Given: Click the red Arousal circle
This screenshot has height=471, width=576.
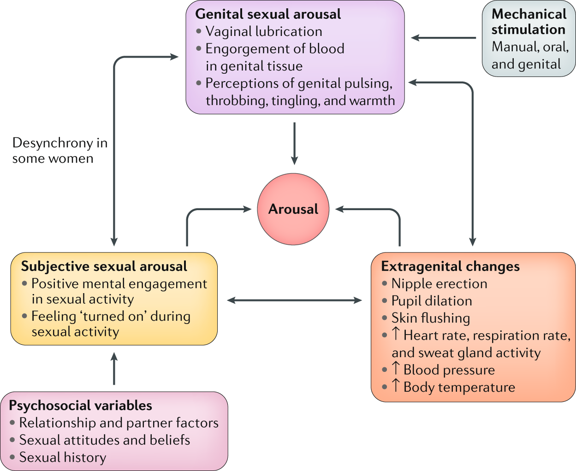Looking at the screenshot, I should pyautogui.click(x=293, y=209).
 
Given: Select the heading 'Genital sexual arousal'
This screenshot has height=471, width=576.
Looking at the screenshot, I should pyautogui.click(x=268, y=14).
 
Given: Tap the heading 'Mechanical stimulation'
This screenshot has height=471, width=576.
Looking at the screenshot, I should pyautogui.click(x=528, y=22).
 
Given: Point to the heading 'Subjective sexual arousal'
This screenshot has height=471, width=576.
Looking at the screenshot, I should pyautogui.click(x=104, y=266).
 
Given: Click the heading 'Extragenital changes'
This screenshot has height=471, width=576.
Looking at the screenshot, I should pyautogui.click(x=450, y=266).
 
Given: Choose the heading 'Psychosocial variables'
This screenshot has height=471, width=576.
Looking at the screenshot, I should pyautogui.click(x=81, y=406).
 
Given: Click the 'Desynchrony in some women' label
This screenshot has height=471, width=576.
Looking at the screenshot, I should pyautogui.click(x=59, y=151).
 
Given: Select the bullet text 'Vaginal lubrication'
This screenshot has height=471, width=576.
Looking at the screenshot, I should pyautogui.click(x=263, y=31).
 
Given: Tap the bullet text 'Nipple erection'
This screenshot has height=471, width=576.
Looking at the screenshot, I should pyautogui.click(x=439, y=284).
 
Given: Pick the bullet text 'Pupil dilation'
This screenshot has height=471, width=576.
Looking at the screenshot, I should pyautogui.click(x=432, y=301).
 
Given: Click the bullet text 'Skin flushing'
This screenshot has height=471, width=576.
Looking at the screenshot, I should pyautogui.click(x=431, y=318).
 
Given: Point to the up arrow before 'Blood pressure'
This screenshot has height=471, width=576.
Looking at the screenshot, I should pyautogui.click(x=396, y=369).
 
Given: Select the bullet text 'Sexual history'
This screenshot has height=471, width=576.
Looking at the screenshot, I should pyautogui.click(x=63, y=457).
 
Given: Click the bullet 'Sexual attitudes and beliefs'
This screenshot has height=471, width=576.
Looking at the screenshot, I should pyautogui.click(x=105, y=440).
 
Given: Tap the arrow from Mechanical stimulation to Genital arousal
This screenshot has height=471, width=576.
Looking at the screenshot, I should pyautogui.click(x=443, y=38).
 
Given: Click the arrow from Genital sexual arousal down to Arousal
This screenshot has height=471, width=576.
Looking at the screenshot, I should pyautogui.click(x=294, y=143).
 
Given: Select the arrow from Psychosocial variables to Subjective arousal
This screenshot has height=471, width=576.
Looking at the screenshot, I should pyautogui.click(x=114, y=369).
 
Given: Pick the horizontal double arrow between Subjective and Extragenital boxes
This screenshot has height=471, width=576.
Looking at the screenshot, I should pyautogui.click(x=294, y=300).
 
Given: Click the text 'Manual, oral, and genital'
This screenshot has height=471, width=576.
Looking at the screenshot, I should pyautogui.click(x=529, y=55).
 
